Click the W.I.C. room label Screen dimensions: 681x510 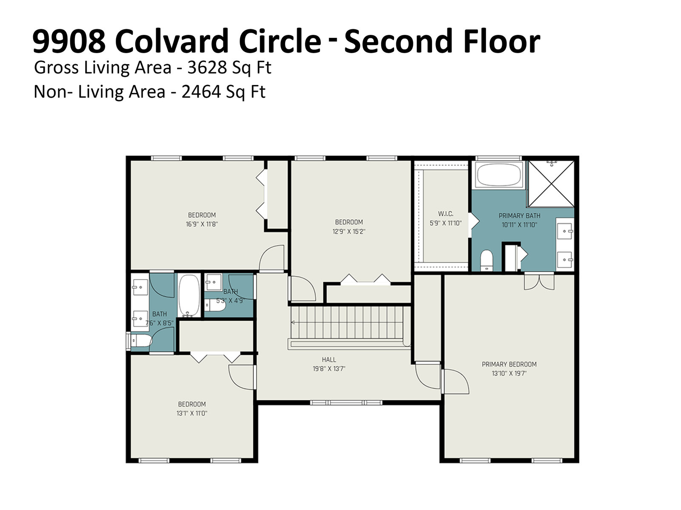click(446, 214)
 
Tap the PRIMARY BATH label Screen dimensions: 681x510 click(519, 215)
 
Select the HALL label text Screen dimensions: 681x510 click(329, 360)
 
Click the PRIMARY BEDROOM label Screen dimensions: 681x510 click(509, 364)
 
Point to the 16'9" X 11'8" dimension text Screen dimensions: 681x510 click(202, 224)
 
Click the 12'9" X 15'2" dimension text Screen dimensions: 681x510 click(349, 231)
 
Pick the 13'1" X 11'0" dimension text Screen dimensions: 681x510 click(192, 413)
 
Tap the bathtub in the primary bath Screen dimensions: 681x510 click(498, 175)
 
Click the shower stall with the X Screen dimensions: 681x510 click(551, 184)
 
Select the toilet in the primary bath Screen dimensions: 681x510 click(486, 260)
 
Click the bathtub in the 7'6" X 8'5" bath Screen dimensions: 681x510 click(189, 296)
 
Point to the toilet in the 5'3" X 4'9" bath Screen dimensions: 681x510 click(215, 305)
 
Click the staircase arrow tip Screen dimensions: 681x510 click(291, 323)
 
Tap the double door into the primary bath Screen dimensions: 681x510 click(539, 281)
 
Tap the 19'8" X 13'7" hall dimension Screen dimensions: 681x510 click(329, 369)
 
